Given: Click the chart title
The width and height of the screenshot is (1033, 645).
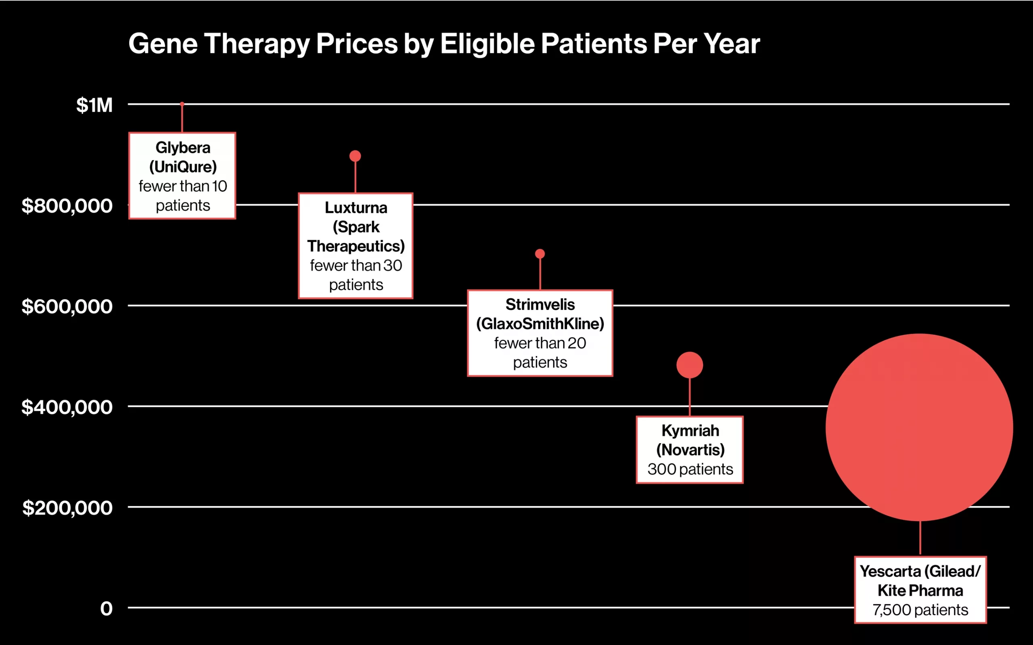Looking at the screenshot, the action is click(x=444, y=44).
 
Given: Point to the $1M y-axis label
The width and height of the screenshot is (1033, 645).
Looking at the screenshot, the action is click(x=94, y=105).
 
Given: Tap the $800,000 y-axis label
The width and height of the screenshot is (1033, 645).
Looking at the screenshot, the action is click(x=67, y=205).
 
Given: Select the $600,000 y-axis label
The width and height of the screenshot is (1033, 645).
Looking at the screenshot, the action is click(x=67, y=306).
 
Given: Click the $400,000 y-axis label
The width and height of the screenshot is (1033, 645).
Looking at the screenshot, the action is click(x=67, y=407).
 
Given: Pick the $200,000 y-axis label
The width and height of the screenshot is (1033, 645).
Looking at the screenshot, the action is click(x=67, y=508).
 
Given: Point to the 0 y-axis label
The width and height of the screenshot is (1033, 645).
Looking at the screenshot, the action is click(x=107, y=609).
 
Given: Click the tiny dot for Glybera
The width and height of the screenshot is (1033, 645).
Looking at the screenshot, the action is click(x=182, y=104).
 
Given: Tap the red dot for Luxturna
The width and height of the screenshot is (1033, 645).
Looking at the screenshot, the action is click(x=355, y=156).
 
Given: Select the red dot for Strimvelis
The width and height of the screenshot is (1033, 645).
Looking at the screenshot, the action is click(x=540, y=254).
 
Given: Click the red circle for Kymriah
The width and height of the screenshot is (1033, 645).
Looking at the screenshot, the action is click(x=690, y=365).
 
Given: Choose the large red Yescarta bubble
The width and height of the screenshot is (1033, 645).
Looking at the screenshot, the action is click(x=920, y=427).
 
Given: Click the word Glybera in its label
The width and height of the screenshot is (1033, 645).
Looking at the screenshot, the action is click(x=183, y=148).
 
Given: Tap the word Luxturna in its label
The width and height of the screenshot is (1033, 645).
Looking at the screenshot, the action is click(x=356, y=208).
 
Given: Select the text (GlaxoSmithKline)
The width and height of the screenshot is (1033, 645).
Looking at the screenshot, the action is click(x=540, y=324).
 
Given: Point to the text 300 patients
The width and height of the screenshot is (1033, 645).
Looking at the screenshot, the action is click(x=690, y=469).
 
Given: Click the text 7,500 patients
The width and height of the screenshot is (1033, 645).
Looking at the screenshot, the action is click(x=920, y=610).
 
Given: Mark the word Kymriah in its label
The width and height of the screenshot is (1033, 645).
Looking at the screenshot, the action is click(x=690, y=431).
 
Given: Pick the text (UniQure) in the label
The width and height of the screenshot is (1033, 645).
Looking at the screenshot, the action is click(x=183, y=167).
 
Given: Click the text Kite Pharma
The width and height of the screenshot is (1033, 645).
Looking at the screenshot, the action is click(x=920, y=591).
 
